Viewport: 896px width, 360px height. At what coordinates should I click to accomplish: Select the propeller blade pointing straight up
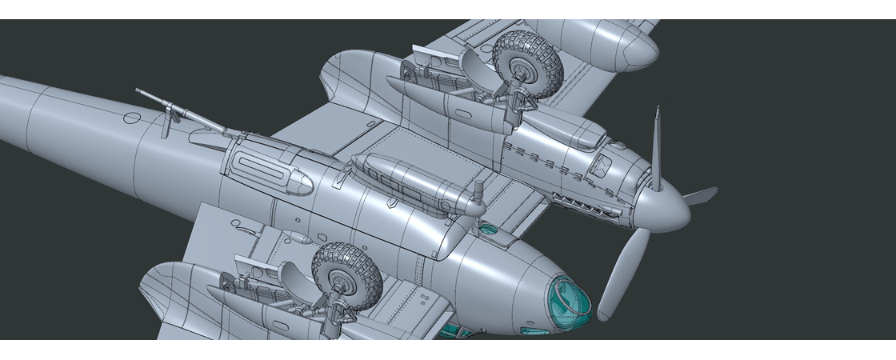pyautogui.click(x=656, y=148)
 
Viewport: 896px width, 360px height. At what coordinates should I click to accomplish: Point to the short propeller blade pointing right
pyautogui.click(x=700, y=194)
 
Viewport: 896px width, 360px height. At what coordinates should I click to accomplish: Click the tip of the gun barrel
pyautogui.click(x=138, y=91)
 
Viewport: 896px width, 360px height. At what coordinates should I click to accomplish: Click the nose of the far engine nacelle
pyautogui.click(x=640, y=50)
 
